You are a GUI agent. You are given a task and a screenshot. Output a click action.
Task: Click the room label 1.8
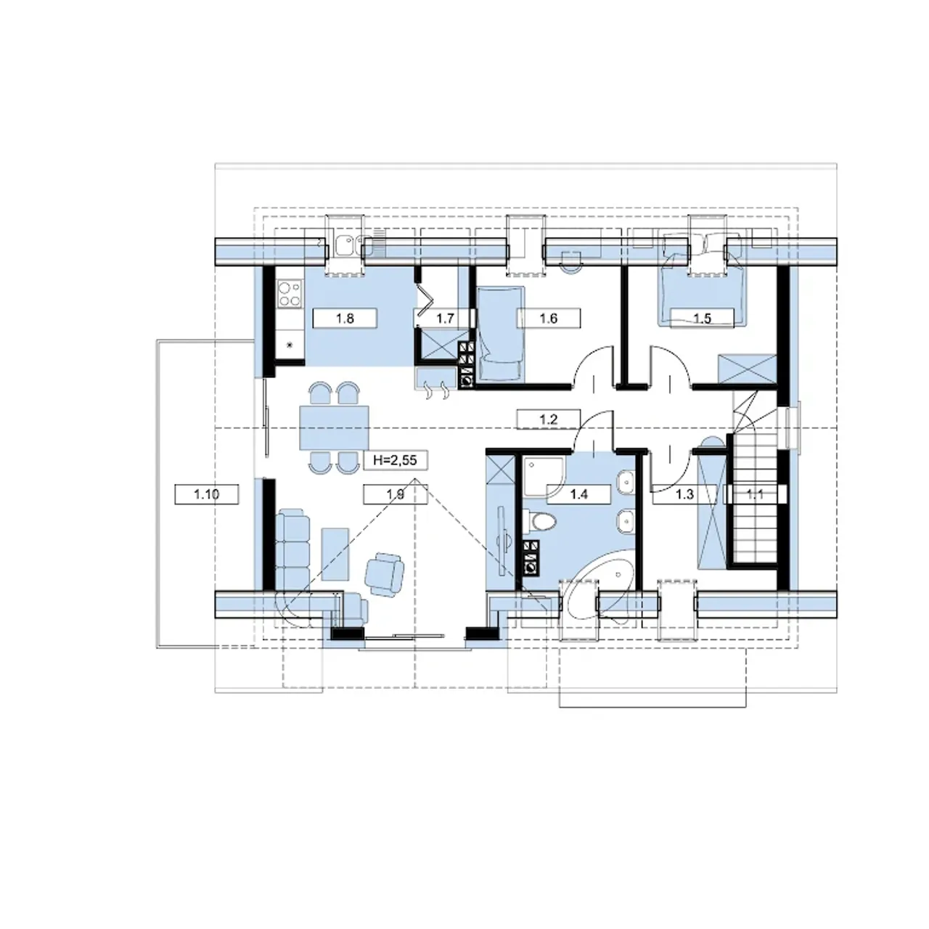(x=345, y=318)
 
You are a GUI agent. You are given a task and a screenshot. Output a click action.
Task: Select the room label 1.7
(x=445, y=318)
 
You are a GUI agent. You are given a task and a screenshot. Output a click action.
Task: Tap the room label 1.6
(x=549, y=318)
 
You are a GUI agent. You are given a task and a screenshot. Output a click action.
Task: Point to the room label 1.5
(x=703, y=318)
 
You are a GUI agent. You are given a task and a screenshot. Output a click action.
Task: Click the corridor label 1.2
(x=548, y=419)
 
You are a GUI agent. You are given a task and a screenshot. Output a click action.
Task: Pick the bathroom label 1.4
(x=578, y=494)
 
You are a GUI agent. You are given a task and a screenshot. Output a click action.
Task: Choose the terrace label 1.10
(x=206, y=494)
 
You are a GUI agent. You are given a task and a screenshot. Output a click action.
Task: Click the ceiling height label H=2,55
(x=395, y=460)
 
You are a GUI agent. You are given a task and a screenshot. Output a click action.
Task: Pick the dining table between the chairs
(x=334, y=428)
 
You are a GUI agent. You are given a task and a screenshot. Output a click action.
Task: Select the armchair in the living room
(x=385, y=574)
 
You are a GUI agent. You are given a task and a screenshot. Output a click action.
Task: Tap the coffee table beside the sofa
(x=335, y=554)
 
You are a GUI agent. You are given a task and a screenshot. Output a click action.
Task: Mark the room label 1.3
(x=684, y=494)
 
